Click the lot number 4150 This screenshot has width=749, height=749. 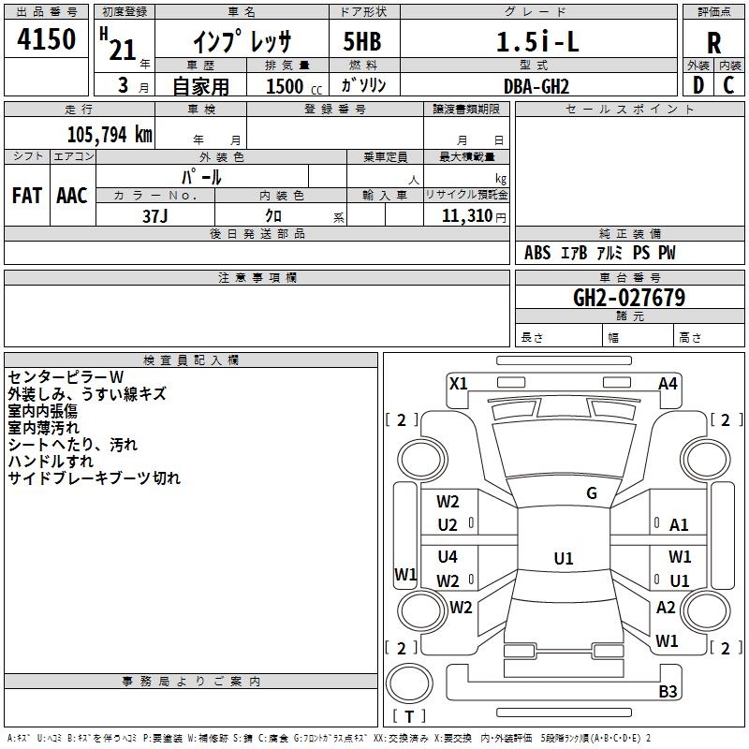[47, 41]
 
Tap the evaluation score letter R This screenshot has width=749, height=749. [713, 43]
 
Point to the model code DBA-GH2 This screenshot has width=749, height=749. [536, 86]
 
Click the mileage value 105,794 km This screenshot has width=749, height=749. [110, 133]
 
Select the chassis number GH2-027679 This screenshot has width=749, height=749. [629, 299]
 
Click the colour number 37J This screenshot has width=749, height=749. [155, 214]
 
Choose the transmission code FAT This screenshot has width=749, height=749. [27, 196]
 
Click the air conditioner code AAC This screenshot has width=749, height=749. [72, 196]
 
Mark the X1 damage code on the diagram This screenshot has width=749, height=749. [459, 383]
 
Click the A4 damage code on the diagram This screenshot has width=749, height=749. [668, 383]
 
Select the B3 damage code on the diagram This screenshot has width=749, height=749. [668, 692]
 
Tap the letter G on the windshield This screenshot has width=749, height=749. [592, 493]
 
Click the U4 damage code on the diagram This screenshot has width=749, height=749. [448, 557]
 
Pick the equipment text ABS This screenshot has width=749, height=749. [537, 254]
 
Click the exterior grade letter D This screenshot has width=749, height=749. [698, 86]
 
